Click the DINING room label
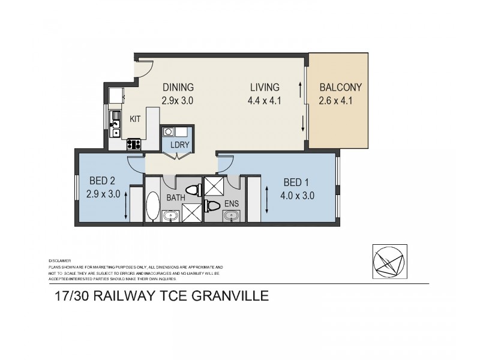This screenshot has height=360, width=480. [x=177, y=86]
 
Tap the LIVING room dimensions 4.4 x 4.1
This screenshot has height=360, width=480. [x=265, y=101]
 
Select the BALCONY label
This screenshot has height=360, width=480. [x=340, y=86]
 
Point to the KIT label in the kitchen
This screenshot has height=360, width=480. [x=135, y=119]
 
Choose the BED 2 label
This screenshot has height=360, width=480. [x=102, y=180]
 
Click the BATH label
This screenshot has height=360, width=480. [x=176, y=197]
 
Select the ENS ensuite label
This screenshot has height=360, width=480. [x=232, y=204]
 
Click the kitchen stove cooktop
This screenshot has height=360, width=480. [x=133, y=144]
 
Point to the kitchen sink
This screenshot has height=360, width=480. [x=115, y=128]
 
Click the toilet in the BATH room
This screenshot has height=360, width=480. [x=193, y=190]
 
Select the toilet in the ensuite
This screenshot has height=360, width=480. [x=212, y=206]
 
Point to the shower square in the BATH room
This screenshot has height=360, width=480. [x=191, y=212]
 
